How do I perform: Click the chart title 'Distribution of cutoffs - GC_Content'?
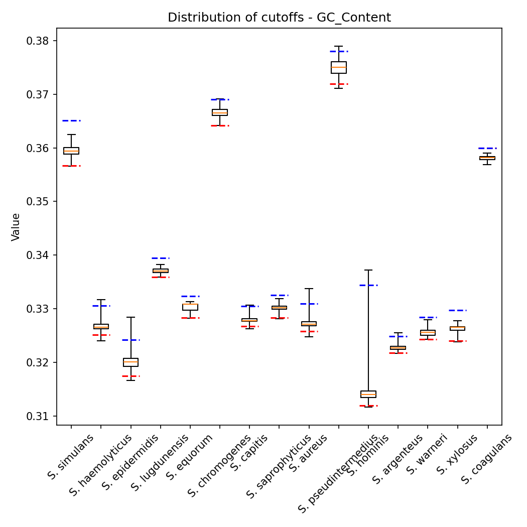(279, 18)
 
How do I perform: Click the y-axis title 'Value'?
(16, 227)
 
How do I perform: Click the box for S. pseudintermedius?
(339, 67)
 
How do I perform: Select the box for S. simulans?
(71, 151)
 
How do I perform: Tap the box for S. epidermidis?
(130, 362)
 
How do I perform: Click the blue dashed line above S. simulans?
(71, 120)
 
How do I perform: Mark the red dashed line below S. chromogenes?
(220, 125)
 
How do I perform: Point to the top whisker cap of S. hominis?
(368, 270)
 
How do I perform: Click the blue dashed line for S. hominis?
(368, 285)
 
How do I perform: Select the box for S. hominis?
(368, 394)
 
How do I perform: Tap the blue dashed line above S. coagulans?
(487, 148)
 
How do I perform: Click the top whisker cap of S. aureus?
(309, 289)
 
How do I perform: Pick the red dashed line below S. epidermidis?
(130, 376)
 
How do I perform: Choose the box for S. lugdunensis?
(161, 271)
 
